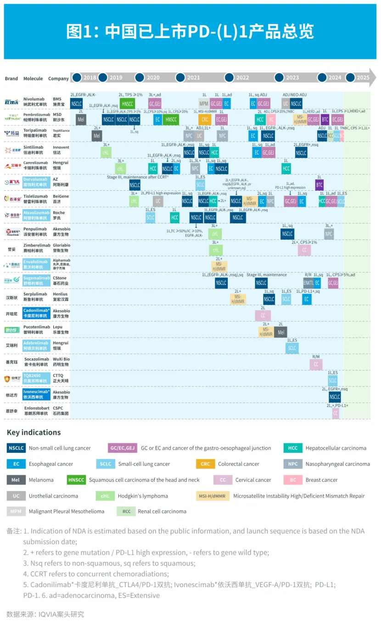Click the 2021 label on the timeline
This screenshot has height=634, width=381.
193,78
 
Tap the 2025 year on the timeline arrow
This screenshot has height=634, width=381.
363,78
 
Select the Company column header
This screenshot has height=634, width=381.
58,78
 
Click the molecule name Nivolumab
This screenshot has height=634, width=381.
34,99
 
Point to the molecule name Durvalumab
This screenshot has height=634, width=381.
36,180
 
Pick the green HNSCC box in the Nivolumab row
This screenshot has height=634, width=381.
127,104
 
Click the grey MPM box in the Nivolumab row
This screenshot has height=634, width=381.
204,104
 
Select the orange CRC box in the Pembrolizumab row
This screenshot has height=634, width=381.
205,120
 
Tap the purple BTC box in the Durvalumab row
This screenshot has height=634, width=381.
319,184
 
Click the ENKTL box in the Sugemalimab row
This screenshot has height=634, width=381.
308,283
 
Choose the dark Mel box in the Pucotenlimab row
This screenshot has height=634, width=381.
281,332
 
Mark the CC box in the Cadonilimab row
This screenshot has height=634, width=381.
263,316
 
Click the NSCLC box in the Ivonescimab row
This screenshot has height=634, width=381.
335,397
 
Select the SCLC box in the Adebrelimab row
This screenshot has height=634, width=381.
292,348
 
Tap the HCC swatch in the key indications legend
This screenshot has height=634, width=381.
292,448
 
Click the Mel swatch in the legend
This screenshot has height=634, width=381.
16,480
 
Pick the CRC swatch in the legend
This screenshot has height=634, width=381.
205,464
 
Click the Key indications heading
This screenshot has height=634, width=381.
34,432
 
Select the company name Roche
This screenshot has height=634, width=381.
59,213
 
